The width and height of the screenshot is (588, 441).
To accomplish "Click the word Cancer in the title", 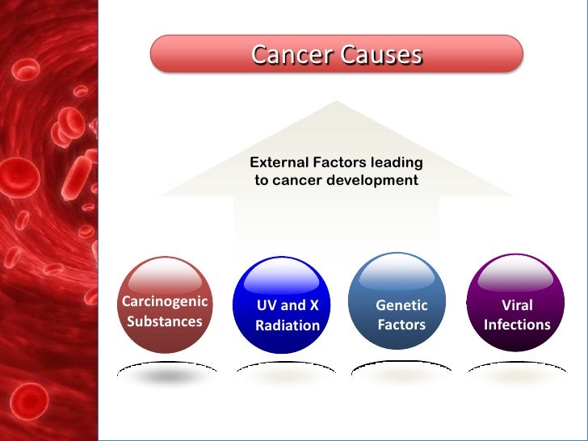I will pyautogui.click(x=292, y=55).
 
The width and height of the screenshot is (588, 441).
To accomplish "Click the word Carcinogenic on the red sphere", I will pyautogui.click(x=165, y=302).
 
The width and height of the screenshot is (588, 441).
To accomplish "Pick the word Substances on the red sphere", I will pyautogui.click(x=165, y=321).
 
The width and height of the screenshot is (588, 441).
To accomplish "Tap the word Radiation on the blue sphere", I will pyautogui.click(x=288, y=325).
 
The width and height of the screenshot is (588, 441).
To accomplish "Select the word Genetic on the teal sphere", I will pyautogui.click(x=401, y=306).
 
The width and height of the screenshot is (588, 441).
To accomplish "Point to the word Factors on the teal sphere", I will pyautogui.click(x=401, y=325).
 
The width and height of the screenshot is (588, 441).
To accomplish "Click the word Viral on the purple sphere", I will pyautogui.click(x=517, y=306).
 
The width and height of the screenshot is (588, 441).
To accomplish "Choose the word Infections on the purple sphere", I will pyautogui.click(x=517, y=325).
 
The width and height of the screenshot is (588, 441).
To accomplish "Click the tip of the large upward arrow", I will pyautogui.click(x=336, y=103).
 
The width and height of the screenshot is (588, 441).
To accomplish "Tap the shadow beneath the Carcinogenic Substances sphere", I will pyautogui.click(x=166, y=374).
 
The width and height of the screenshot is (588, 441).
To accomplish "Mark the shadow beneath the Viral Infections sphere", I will pyautogui.click(x=517, y=374).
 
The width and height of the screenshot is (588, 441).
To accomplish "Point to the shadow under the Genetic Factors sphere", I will pyautogui.click(x=401, y=374).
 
